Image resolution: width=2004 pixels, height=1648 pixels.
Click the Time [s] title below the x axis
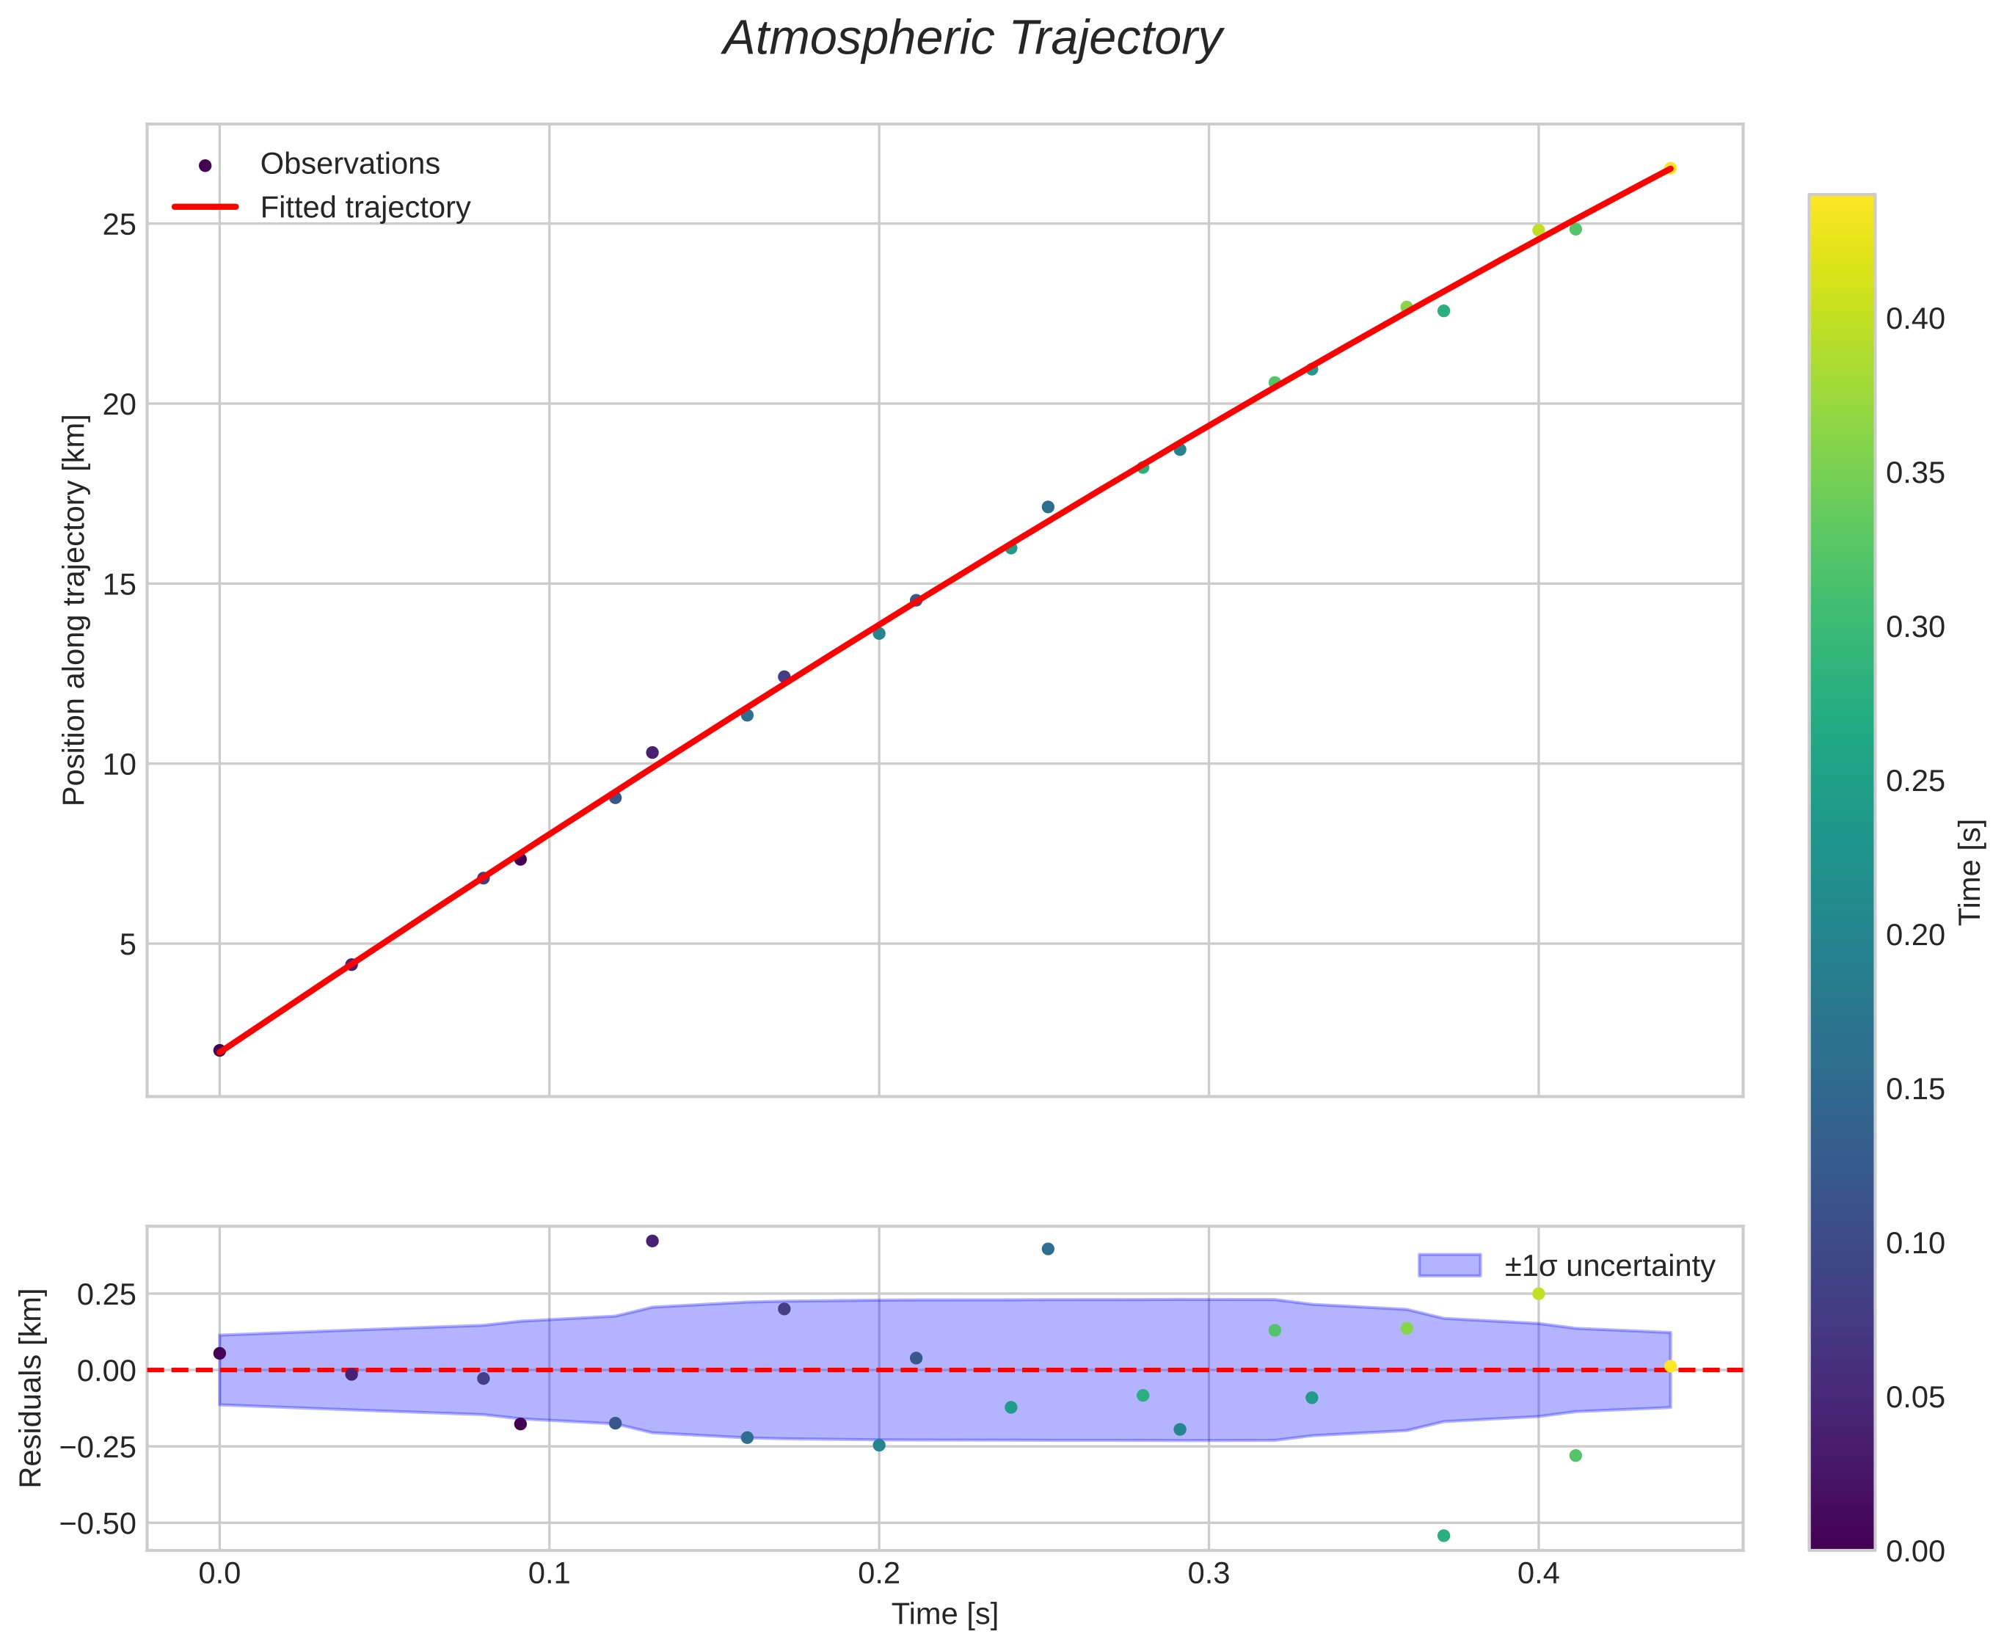pos(944,1615)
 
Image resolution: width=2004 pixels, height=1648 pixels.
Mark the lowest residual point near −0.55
pos(1443,1536)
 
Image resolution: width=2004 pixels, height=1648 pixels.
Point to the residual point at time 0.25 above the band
pos(1047,1248)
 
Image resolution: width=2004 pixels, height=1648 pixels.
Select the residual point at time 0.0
pos(219,1353)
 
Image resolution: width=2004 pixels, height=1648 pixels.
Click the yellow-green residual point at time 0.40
pos(1538,1294)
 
